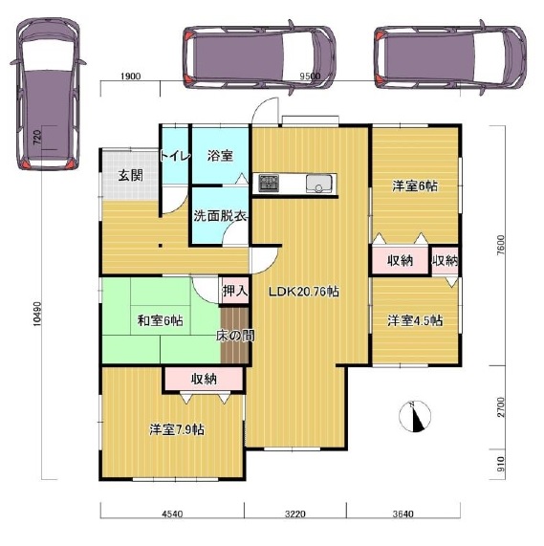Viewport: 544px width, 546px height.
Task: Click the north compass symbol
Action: [x=415, y=417]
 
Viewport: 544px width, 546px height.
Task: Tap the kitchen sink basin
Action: [x=319, y=184]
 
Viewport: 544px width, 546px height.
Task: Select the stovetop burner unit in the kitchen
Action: [x=269, y=184]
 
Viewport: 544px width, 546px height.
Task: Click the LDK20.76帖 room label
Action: [x=303, y=292]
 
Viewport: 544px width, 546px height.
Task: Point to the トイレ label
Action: [x=175, y=156]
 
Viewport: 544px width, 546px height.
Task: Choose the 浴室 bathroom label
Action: [x=220, y=156]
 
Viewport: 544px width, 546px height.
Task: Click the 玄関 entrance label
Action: [x=131, y=175]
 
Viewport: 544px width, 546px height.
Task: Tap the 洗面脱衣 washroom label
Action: [x=220, y=216]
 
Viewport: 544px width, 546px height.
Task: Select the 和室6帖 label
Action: [x=161, y=320]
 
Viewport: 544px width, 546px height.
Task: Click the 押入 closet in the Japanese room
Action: [x=235, y=291]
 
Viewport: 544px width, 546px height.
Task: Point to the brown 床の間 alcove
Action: [x=234, y=336]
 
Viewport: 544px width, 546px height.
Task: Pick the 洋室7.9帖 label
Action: [x=177, y=429]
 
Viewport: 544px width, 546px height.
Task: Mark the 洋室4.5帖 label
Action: [x=415, y=320]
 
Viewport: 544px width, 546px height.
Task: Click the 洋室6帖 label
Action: [x=415, y=186]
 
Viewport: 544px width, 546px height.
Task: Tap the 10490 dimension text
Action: [x=37, y=314]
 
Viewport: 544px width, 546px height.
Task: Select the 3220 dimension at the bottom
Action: [x=295, y=513]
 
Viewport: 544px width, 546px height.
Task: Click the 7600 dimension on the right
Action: [x=500, y=246]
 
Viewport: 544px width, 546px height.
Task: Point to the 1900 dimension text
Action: [x=131, y=76]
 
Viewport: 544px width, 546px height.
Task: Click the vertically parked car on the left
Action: [x=48, y=94]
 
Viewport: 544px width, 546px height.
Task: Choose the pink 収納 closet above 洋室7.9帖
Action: [x=204, y=379]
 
